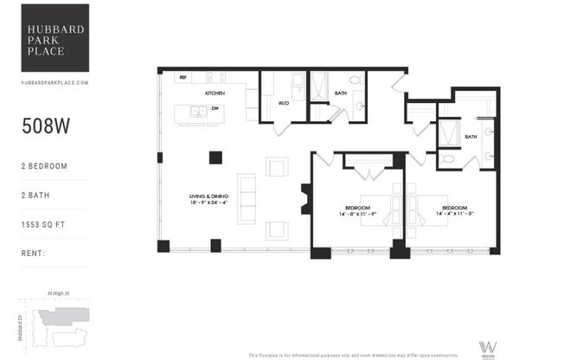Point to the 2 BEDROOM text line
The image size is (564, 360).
click(44, 165)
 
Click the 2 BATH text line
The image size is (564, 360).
click(36, 195)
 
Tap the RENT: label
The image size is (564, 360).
click(34, 254)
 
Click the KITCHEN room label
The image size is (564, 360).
click(215, 93)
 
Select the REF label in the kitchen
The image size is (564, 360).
click(183, 78)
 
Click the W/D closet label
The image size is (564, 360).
click(283, 104)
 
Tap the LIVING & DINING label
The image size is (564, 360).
click(208, 199)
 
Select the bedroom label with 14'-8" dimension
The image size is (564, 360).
click(357, 211)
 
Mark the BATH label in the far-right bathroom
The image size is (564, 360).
click(471, 137)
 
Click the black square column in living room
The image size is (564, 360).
click(215, 157)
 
